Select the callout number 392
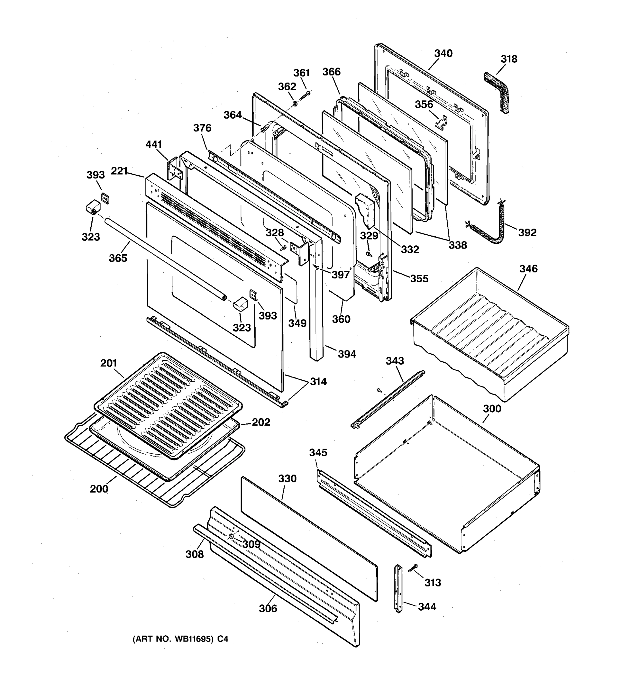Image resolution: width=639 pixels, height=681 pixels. coord(527,233)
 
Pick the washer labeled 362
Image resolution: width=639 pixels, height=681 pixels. coord(295,104)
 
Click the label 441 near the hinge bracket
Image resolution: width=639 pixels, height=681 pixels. coord(154,144)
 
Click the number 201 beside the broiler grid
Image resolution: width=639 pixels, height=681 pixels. coord(109,363)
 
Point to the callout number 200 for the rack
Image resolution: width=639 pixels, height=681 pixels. coord(99,489)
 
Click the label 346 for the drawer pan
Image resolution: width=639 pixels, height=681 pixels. coord(528,269)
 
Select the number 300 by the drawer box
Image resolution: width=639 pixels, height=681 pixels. coord(492,409)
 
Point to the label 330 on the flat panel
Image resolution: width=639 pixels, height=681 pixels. coord(287,479)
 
